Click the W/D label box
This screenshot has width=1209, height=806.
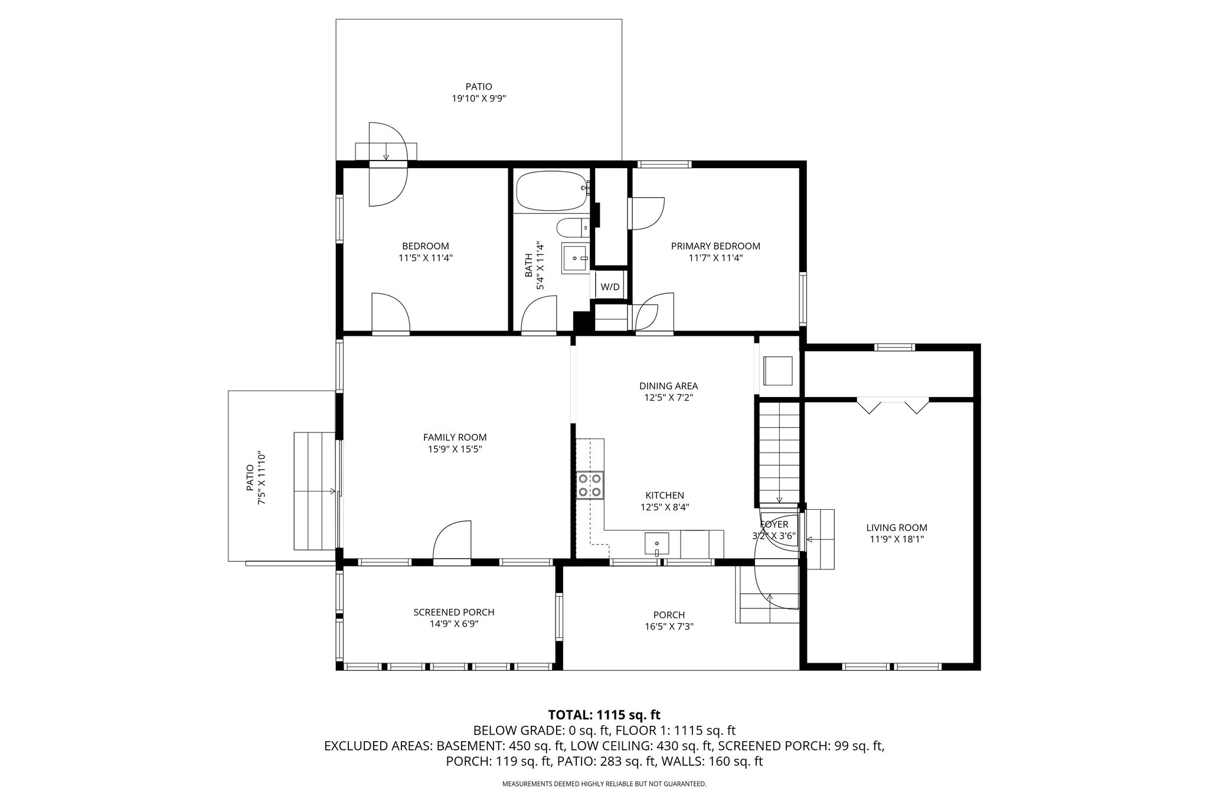(610, 287)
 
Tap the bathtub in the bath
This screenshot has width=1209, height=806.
(553, 191)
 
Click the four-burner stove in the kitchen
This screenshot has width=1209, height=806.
(590, 485)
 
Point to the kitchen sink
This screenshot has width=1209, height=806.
(657, 545)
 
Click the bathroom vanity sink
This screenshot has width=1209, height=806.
(575, 258)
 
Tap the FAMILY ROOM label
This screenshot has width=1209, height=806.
(455, 437)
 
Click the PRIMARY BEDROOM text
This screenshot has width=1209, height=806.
(715, 246)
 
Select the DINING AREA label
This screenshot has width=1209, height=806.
(668, 386)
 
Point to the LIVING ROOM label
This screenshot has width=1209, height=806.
(897, 527)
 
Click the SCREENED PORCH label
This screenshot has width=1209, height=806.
(454, 612)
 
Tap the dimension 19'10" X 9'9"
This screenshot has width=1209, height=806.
(479, 99)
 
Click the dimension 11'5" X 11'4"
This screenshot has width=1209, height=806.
(426, 258)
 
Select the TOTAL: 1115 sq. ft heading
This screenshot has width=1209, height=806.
(604, 715)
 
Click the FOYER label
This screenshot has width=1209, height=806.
(774, 525)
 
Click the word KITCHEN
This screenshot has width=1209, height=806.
(665, 495)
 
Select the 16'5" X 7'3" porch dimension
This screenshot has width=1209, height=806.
(669, 627)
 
